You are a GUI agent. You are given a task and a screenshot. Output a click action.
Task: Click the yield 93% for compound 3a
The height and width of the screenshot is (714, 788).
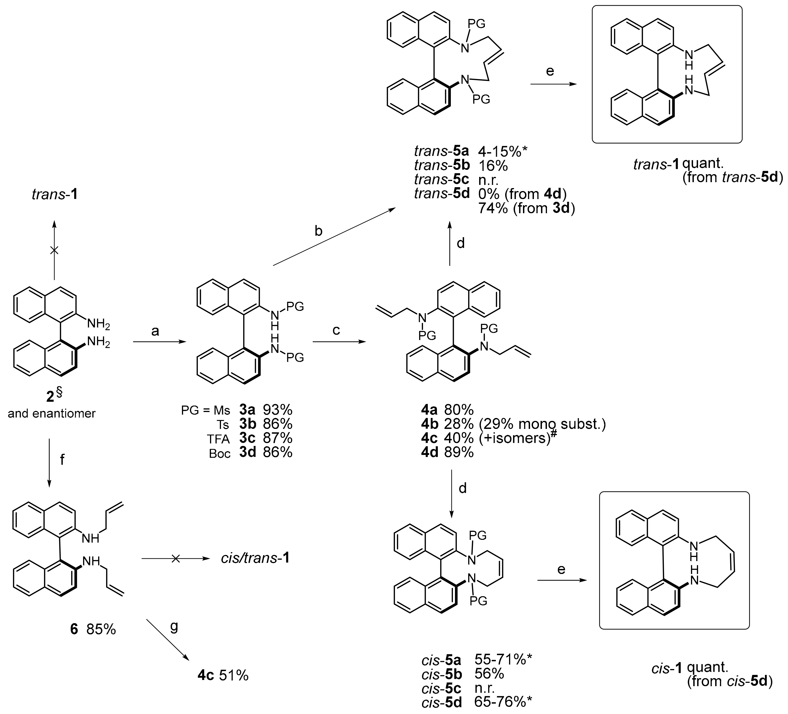[278, 410]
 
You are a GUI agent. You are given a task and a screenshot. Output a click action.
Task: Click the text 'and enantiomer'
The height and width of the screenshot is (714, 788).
[52, 413]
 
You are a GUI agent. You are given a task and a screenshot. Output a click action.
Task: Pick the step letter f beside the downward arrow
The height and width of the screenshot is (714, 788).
[62, 460]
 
